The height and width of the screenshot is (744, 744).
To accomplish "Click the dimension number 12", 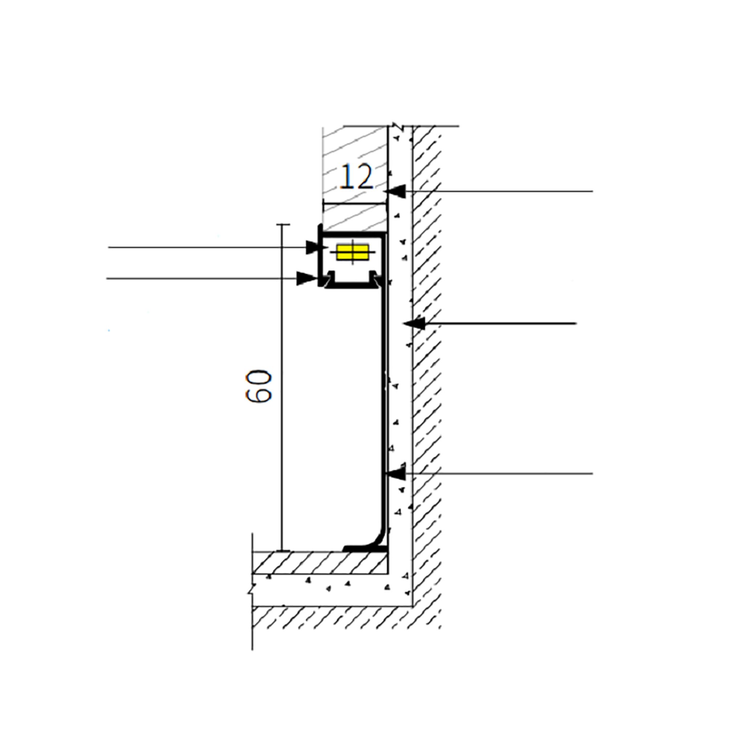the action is click(x=357, y=177).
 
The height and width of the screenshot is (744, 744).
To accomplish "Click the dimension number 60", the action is click(x=259, y=386).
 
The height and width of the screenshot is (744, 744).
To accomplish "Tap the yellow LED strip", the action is click(x=352, y=252).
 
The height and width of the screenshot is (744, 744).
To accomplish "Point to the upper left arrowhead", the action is click(x=313, y=248).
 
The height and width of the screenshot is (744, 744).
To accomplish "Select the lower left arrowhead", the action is click(x=306, y=278).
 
